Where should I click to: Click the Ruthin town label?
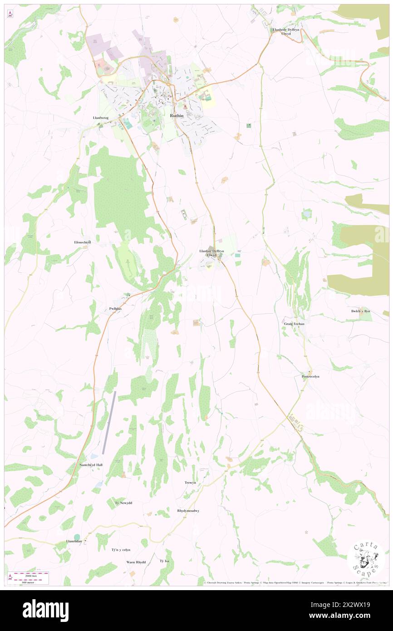tap(177, 116)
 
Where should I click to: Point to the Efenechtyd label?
tap(83, 242)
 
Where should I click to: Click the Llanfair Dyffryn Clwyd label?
tap(211, 253)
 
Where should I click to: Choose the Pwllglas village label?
tap(115, 309)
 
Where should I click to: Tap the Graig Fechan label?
tap(295, 324)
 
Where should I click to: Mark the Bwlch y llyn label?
tap(361, 311)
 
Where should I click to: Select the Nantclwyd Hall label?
tap(90, 465)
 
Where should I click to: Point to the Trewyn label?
tap(190, 483)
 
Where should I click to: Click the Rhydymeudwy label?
tap(188, 511)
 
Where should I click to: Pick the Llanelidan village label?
tap(74, 542)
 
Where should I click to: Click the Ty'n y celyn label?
tap(121, 550)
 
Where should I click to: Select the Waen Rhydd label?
tap(136, 562)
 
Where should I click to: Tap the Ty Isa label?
tap(164, 561)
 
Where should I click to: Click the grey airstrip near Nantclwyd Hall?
tap(109, 422)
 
